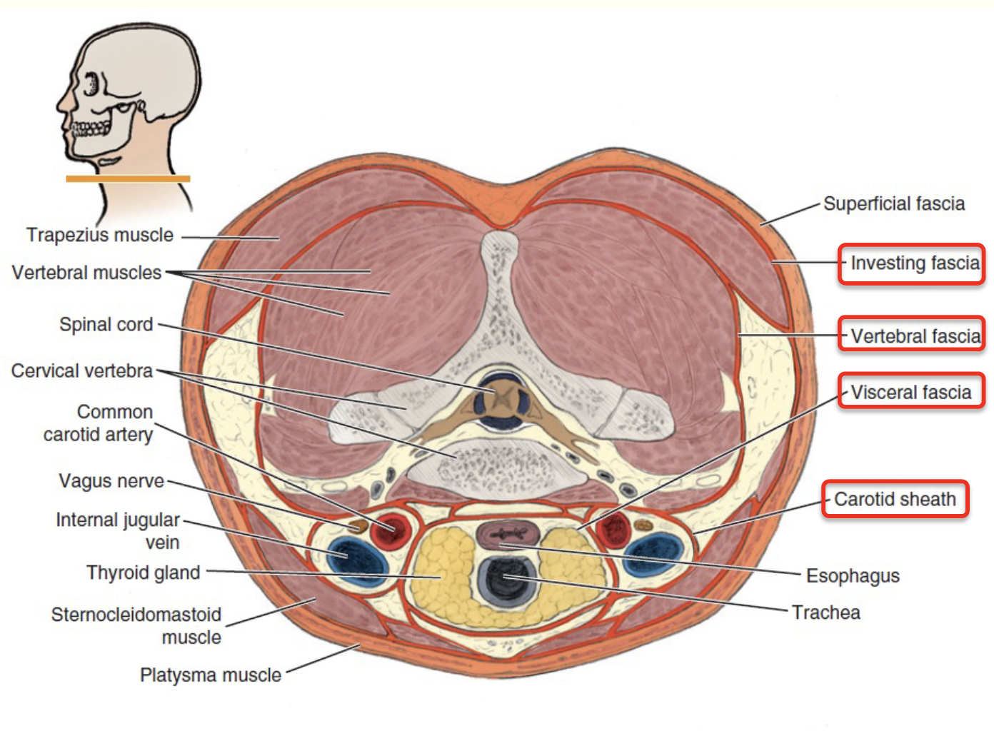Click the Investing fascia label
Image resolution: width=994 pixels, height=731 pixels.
[911, 264]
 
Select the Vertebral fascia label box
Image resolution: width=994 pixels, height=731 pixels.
[912, 336]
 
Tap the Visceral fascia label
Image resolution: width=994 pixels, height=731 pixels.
[911, 392]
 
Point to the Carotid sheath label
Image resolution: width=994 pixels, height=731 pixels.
[895, 499]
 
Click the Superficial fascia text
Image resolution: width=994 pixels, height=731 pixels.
[893, 204]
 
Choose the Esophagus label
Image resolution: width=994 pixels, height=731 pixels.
[853, 575]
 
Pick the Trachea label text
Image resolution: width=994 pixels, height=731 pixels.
[826, 612]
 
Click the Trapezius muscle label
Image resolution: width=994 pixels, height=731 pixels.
[100, 235]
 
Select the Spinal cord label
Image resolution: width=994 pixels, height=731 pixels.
[106, 325]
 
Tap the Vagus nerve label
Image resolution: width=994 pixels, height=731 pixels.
[111, 481]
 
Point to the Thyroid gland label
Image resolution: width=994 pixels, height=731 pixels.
[143, 573]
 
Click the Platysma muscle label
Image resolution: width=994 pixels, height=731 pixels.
[211, 675]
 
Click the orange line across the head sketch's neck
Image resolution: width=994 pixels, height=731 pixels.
[129, 178]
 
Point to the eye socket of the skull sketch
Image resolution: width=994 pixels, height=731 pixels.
[91, 84]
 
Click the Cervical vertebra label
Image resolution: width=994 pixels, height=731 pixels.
[82, 371]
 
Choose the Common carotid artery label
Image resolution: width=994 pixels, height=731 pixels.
[99, 423]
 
